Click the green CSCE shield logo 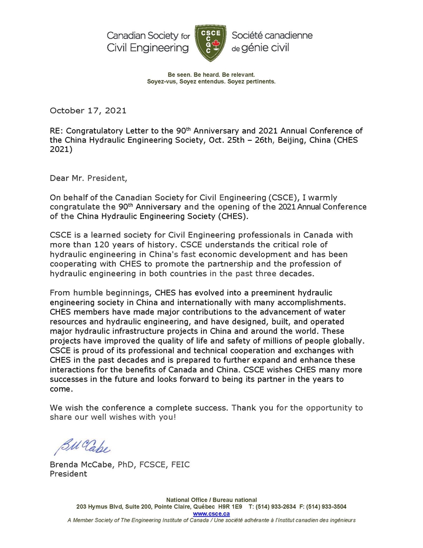click(x=211, y=42)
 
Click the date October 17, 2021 click(x=88, y=111)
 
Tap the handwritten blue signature click(x=82, y=446)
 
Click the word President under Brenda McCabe click(x=68, y=474)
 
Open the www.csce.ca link click(x=211, y=513)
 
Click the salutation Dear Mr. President click(x=88, y=177)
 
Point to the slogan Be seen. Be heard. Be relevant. click(x=211, y=75)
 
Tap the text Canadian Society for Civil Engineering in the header click(x=148, y=42)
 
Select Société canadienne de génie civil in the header click(x=272, y=42)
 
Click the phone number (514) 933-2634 click(x=274, y=506)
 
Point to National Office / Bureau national click(x=211, y=499)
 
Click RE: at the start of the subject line click(x=56, y=130)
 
